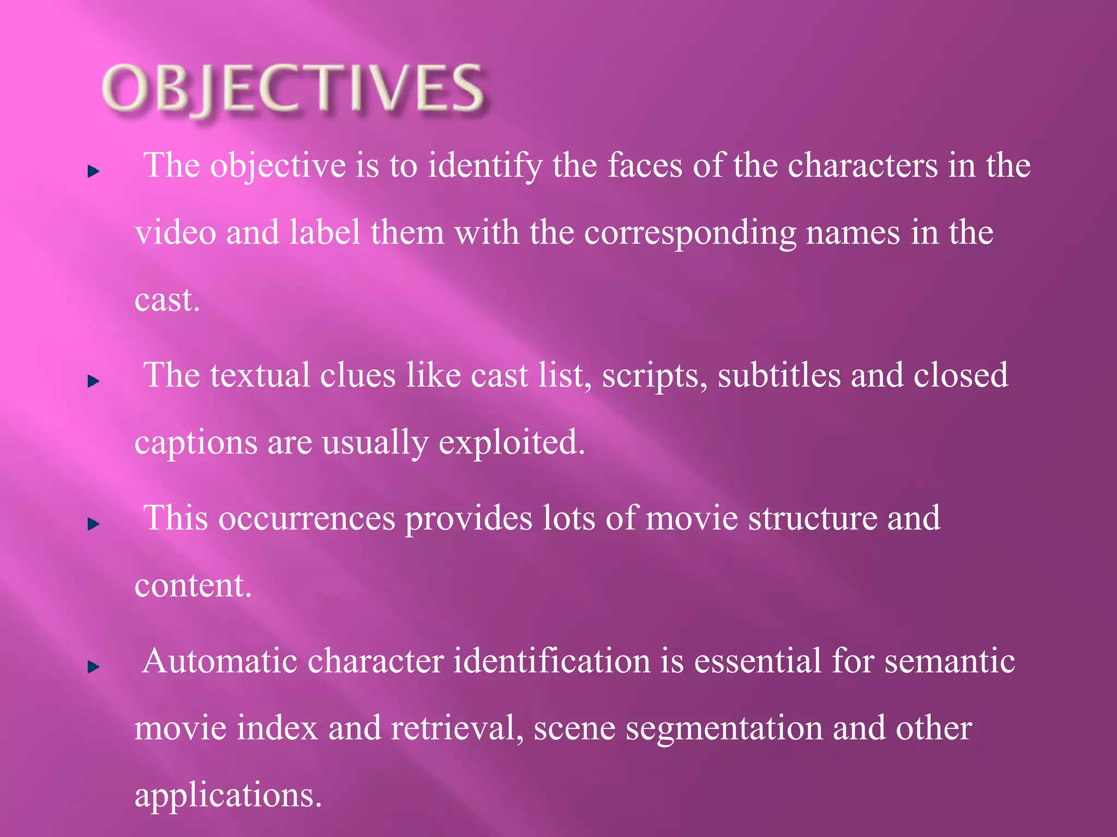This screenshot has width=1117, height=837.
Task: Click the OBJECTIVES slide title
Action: (x=292, y=89)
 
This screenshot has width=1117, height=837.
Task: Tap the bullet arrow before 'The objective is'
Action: (x=93, y=172)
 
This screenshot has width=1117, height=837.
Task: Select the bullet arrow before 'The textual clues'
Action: (x=93, y=381)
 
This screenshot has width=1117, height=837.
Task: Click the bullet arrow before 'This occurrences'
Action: (x=93, y=524)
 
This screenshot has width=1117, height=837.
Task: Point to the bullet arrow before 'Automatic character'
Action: (x=93, y=666)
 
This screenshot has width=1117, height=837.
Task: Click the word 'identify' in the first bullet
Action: (x=484, y=166)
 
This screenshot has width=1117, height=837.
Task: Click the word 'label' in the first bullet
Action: (x=325, y=233)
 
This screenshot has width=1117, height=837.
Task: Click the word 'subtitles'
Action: (x=779, y=375)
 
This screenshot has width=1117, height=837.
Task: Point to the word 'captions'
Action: (x=196, y=443)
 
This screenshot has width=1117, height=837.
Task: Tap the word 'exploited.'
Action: (x=512, y=443)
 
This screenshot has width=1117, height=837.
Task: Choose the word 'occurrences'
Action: (x=307, y=518)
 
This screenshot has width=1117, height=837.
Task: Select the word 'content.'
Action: (x=193, y=586)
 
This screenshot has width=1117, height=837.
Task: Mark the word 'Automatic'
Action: (x=220, y=661)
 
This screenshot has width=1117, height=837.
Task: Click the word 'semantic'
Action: (x=949, y=661)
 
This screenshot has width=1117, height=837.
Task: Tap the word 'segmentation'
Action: (x=724, y=729)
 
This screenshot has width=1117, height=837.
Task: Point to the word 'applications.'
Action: (x=228, y=796)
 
